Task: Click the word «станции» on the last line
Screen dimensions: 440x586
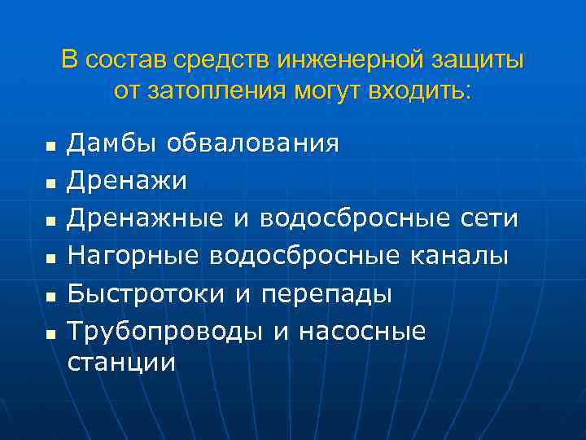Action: (121, 361)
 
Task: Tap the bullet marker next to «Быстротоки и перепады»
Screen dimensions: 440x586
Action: (50, 297)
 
